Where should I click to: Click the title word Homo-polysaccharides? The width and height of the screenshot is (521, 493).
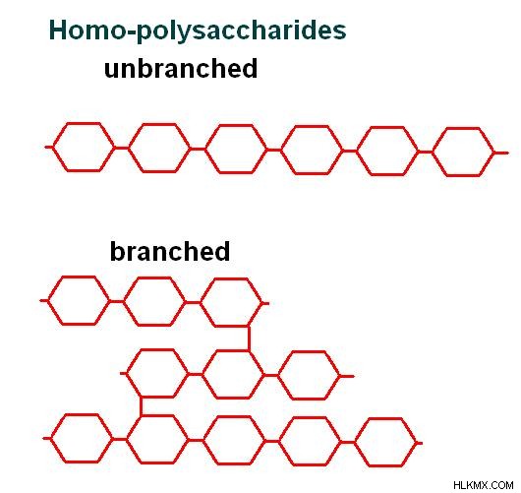(x=198, y=31)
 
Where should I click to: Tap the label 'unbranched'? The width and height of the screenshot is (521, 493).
(x=181, y=68)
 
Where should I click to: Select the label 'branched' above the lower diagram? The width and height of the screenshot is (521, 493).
(x=170, y=251)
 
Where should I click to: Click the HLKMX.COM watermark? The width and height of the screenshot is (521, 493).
(x=483, y=485)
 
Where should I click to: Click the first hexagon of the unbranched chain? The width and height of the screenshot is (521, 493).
(x=53, y=147)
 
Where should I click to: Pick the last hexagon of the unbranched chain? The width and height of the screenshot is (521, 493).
(x=433, y=153)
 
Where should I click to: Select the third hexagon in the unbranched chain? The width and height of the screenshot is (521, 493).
(x=205, y=149)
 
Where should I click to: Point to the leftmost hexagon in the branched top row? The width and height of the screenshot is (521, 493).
(x=48, y=300)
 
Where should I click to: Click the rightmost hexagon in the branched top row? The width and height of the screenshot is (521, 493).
(x=201, y=303)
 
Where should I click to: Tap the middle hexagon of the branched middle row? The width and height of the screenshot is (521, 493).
(x=203, y=374)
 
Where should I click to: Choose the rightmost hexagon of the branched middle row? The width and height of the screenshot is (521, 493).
(x=278, y=376)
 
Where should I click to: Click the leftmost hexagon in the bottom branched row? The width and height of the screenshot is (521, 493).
(x=51, y=439)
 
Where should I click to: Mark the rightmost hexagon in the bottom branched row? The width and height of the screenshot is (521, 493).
(x=355, y=443)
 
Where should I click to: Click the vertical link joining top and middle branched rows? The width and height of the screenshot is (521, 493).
(x=249, y=339)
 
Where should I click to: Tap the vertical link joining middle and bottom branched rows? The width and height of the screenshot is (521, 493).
(x=142, y=406)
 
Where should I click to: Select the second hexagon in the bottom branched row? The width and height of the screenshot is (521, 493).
(x=127, y=440)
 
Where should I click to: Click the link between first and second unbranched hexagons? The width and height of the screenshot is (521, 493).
(x=122, y=148)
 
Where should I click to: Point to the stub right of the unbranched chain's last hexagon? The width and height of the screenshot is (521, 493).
(x=501, y=154)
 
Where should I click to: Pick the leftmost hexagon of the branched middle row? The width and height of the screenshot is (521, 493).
(x=128, y=373)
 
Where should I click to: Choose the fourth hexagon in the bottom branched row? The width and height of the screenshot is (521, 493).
(x=279, y=442)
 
